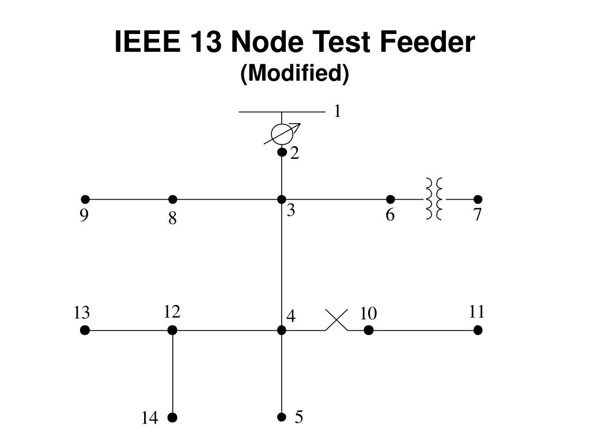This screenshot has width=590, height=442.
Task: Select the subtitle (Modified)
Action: click(295, 74)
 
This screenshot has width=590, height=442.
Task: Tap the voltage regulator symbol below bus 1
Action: click(282, 134)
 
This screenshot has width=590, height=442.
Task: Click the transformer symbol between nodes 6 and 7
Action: click(434, 199)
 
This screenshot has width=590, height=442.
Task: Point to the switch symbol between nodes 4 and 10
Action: click(336, 320)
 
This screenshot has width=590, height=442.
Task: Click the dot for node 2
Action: click(282, 153)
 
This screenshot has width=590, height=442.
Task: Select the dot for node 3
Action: click(282, 200)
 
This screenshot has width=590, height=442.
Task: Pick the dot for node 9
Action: click(85, 200)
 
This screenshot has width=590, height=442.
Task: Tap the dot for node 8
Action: click(172, 200)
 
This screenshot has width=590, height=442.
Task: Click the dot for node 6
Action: click(390, 200)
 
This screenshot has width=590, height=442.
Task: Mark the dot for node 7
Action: click(478, 200)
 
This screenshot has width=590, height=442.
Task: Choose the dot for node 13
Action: click(85, 330)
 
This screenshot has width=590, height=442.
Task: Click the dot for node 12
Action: click(172, 330)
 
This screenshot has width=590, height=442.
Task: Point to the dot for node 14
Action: click(172, 417)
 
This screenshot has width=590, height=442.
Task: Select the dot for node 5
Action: click(282, 417)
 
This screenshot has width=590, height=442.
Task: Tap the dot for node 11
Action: click(478, 330)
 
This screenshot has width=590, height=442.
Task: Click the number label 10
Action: click(368, 314)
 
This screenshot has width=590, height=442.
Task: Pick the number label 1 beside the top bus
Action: click(338, 111)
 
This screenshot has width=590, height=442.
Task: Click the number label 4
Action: click(292, 317)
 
